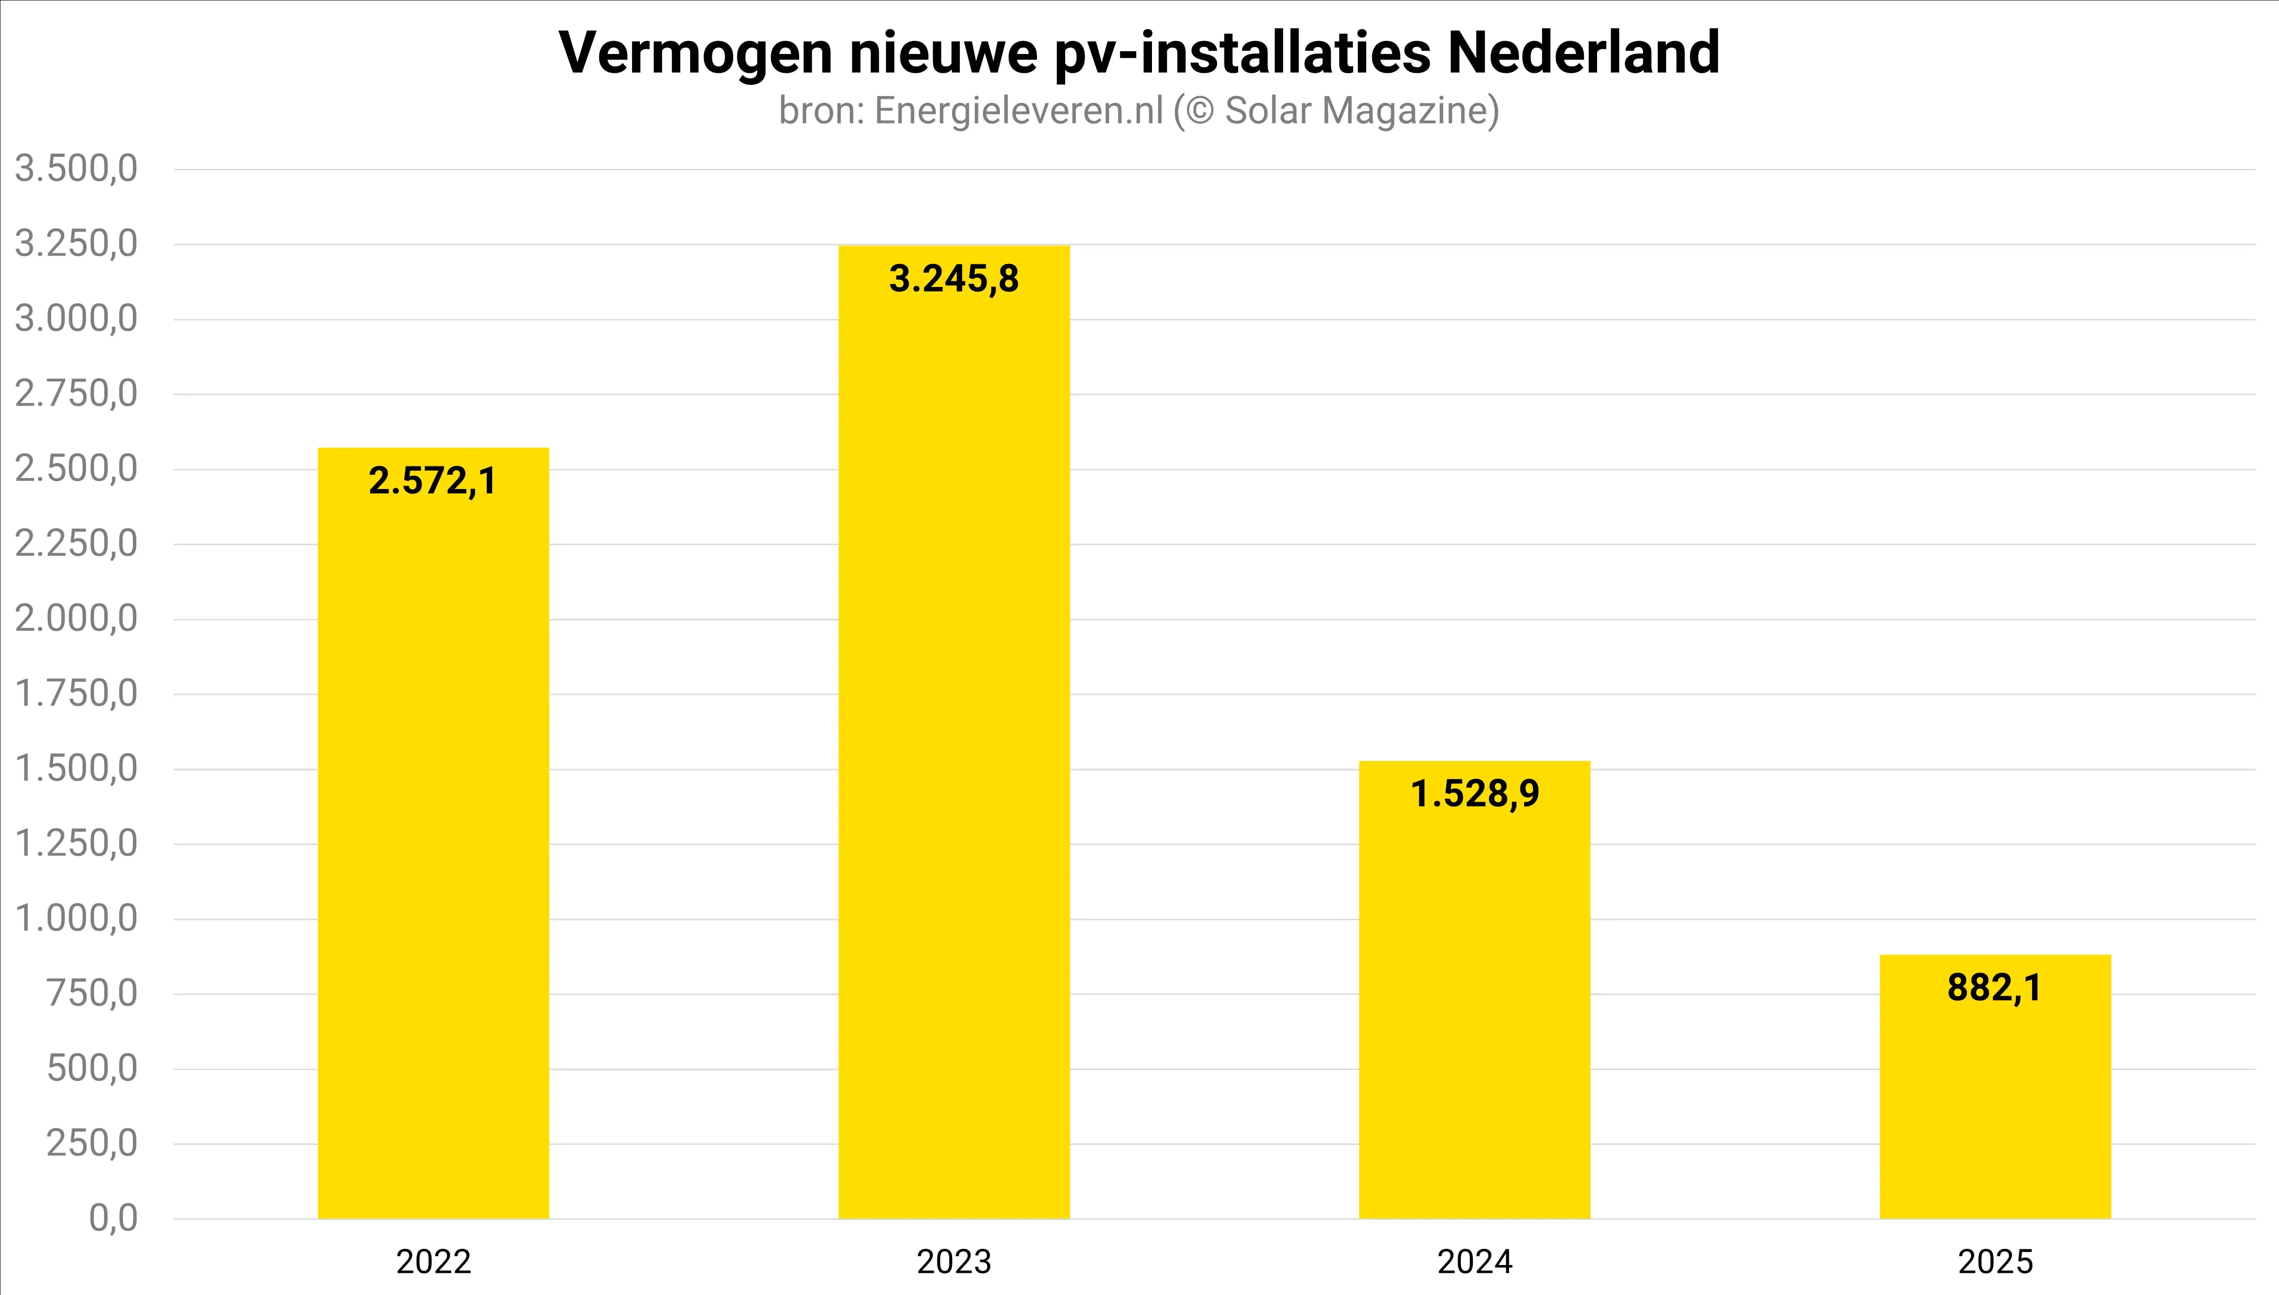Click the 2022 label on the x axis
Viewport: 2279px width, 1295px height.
[x=434, y=1261]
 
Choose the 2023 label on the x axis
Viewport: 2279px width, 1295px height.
[x=954, y=1261]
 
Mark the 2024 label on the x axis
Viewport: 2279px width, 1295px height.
[x=1475, y=1261]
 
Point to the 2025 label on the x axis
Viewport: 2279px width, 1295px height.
[x=1995, y=1261]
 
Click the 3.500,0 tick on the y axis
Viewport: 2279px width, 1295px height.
[x=77, y=168]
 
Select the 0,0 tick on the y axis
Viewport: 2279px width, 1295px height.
[x=114, y=1217]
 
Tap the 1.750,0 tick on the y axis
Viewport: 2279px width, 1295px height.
[x=77, y=693]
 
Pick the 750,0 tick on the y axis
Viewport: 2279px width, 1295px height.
[x=92, y=993]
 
